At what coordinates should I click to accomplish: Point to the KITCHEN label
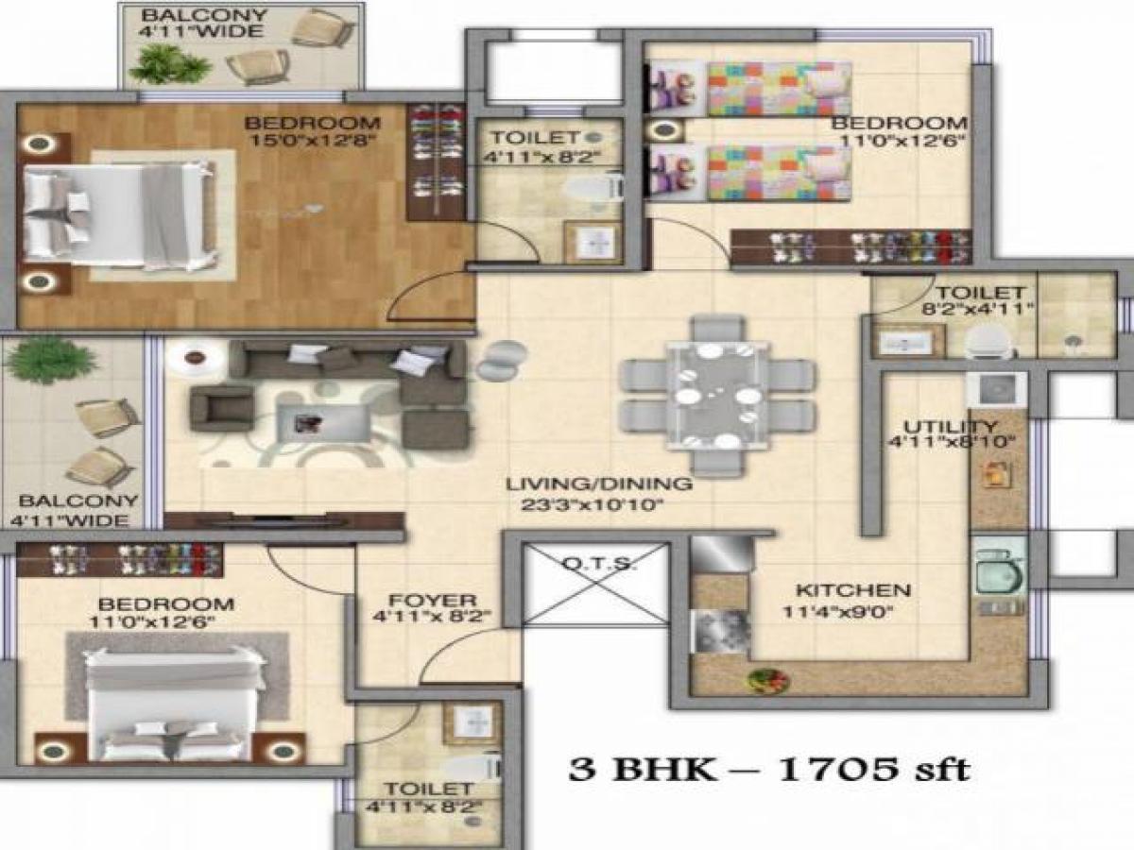point(853,590)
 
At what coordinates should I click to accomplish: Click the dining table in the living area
point(715,393)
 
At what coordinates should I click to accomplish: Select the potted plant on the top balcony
point(170,64)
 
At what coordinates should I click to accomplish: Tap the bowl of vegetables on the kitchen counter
point(763,678)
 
